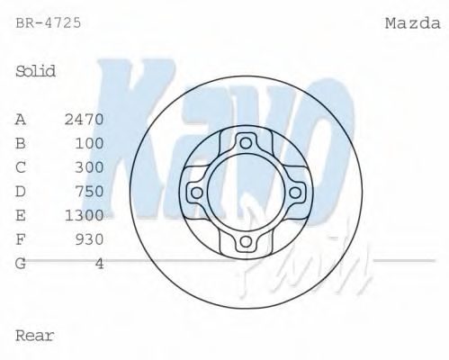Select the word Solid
[x=36, y=71]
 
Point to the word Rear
[x=35, y=336]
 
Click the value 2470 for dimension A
[x=85, y=118]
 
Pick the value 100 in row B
[x=90, y=142]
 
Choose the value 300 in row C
[x=90, y=166]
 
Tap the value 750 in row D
[x=90, y=191]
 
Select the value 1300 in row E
[x=85, y=215]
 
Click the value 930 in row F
[x=90, y=239]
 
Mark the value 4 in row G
[x=99, y=264]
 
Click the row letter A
[x=21, y=118]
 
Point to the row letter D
[x=21, y=191]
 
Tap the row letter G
[x=21, y=264]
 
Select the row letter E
[x=21, y=215]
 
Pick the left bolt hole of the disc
[x=195, y=192]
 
